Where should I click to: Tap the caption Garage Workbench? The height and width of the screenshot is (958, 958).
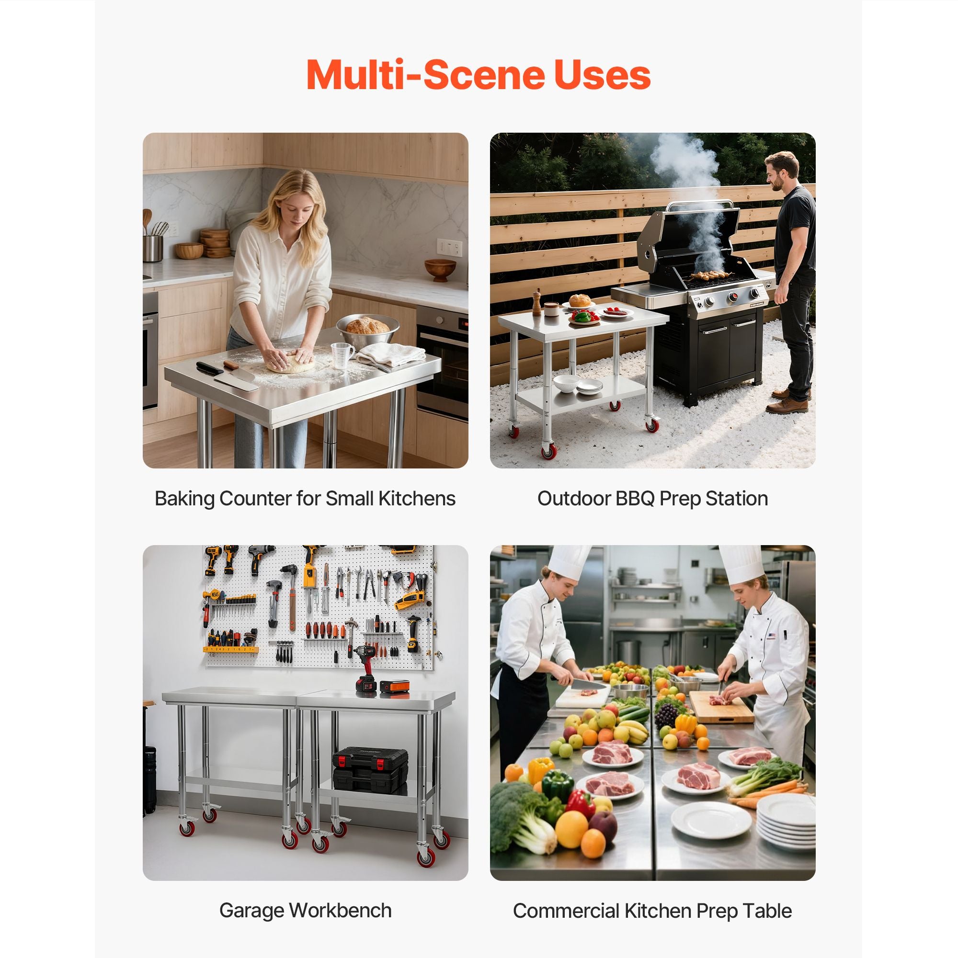306,911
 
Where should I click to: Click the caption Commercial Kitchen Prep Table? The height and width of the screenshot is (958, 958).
652,911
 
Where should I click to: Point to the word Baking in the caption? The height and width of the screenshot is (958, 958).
184,499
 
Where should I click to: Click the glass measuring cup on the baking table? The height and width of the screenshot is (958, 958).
342,355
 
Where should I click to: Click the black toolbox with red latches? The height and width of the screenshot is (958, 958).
370,768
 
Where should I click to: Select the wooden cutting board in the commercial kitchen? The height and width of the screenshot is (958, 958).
721,706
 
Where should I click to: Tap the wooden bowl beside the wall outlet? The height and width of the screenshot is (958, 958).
440,269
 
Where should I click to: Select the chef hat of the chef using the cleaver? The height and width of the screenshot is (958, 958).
569,563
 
